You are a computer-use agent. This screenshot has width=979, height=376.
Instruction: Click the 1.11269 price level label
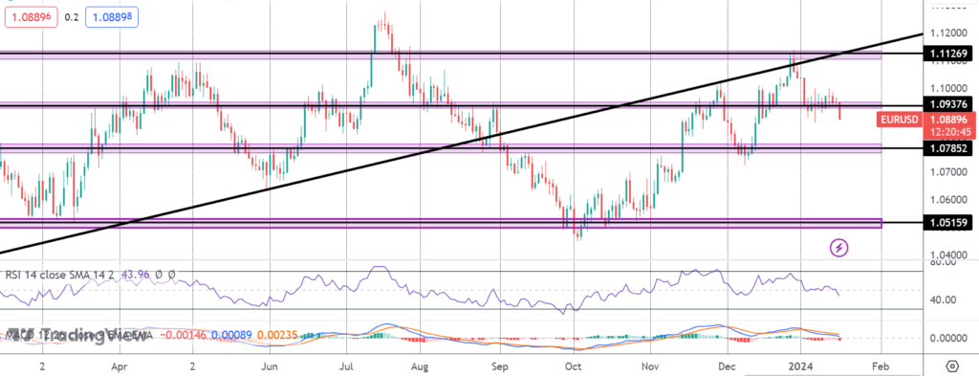949,54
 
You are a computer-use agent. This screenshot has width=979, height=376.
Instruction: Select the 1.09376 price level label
949,104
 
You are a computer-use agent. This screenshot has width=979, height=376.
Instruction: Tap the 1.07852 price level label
949,148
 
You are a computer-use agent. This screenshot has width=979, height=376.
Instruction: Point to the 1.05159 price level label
949,222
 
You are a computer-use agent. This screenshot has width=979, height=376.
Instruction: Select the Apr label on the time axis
119,365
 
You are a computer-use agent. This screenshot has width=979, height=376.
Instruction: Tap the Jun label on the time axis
269,365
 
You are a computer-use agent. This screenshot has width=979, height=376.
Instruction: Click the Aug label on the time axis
420,365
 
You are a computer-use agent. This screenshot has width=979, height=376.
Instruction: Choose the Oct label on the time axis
573,365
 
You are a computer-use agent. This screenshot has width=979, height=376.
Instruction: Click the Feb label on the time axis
881,365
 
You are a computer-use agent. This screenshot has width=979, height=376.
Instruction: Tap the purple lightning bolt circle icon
839,247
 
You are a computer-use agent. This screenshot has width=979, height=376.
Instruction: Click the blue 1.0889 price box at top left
113,17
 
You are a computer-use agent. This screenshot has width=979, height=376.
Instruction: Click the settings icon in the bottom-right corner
951,365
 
